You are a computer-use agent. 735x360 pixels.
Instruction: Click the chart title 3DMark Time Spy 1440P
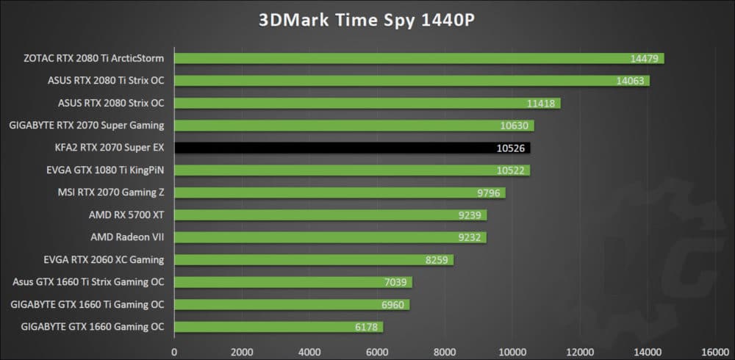[x=367, y=20]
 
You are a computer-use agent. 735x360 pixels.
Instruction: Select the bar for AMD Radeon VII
[x=329, y=237]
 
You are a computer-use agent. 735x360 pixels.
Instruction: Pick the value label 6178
[x=365, y=327]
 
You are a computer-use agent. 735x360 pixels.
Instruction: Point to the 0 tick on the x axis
[x=174, y=352]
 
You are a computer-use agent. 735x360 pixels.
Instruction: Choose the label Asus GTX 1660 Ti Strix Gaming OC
[x=88, y=282]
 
